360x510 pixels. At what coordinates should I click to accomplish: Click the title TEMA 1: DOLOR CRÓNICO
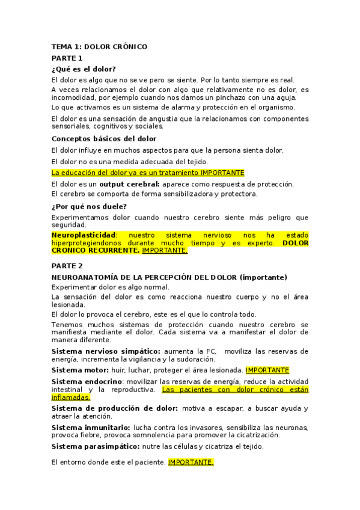click(x=99, y=46)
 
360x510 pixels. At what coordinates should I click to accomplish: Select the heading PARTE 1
click(x=67, y=58)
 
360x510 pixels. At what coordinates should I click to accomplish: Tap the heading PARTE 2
click(x=67, y=265)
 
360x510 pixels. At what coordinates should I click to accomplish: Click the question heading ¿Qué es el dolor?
click(x=84, y=69)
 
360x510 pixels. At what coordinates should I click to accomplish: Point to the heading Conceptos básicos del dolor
click(x=103, y=139)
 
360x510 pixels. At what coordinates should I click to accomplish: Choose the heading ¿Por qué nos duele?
click(x=89, y=206)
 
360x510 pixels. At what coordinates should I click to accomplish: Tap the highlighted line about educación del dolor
click(x=148, y=173)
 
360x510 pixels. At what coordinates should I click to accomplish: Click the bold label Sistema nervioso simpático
click(x=106, y=351)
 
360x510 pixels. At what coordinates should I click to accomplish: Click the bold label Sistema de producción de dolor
click(x=114, y=408)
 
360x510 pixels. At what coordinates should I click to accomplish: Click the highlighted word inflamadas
click(x=70, y=397)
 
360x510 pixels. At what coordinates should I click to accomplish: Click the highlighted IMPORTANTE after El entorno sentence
click(x=191, y=462)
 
